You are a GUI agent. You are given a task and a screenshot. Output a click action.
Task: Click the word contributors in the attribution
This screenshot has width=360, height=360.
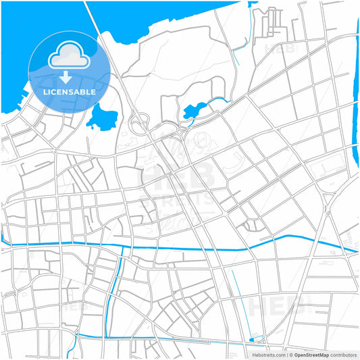tap(344, 354)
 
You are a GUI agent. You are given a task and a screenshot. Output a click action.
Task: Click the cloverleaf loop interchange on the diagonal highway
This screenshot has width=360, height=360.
tap(140, 124)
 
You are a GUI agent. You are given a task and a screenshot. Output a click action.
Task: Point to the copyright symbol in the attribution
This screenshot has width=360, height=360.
tap(291, 354)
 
